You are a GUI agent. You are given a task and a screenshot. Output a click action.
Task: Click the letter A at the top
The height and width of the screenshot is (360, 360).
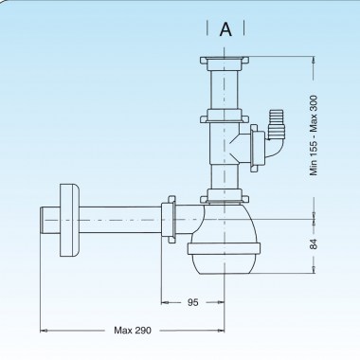pos(225,29)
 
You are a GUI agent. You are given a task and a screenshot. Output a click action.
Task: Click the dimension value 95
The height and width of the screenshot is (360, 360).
pos(192,302)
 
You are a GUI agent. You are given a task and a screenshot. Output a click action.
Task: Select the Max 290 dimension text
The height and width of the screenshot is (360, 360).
pos(133,331)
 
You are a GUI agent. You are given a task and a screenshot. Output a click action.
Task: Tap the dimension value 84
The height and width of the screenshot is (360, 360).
pos(313,243)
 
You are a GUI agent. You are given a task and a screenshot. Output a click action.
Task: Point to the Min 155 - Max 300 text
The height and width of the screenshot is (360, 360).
pos(314,135)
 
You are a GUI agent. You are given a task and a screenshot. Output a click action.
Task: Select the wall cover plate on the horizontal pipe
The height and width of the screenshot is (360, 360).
pos(69,220)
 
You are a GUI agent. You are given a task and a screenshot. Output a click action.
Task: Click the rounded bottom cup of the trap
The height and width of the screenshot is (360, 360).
pos(225,264)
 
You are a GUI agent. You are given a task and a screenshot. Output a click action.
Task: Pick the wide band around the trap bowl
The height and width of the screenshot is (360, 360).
pos(225,249)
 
